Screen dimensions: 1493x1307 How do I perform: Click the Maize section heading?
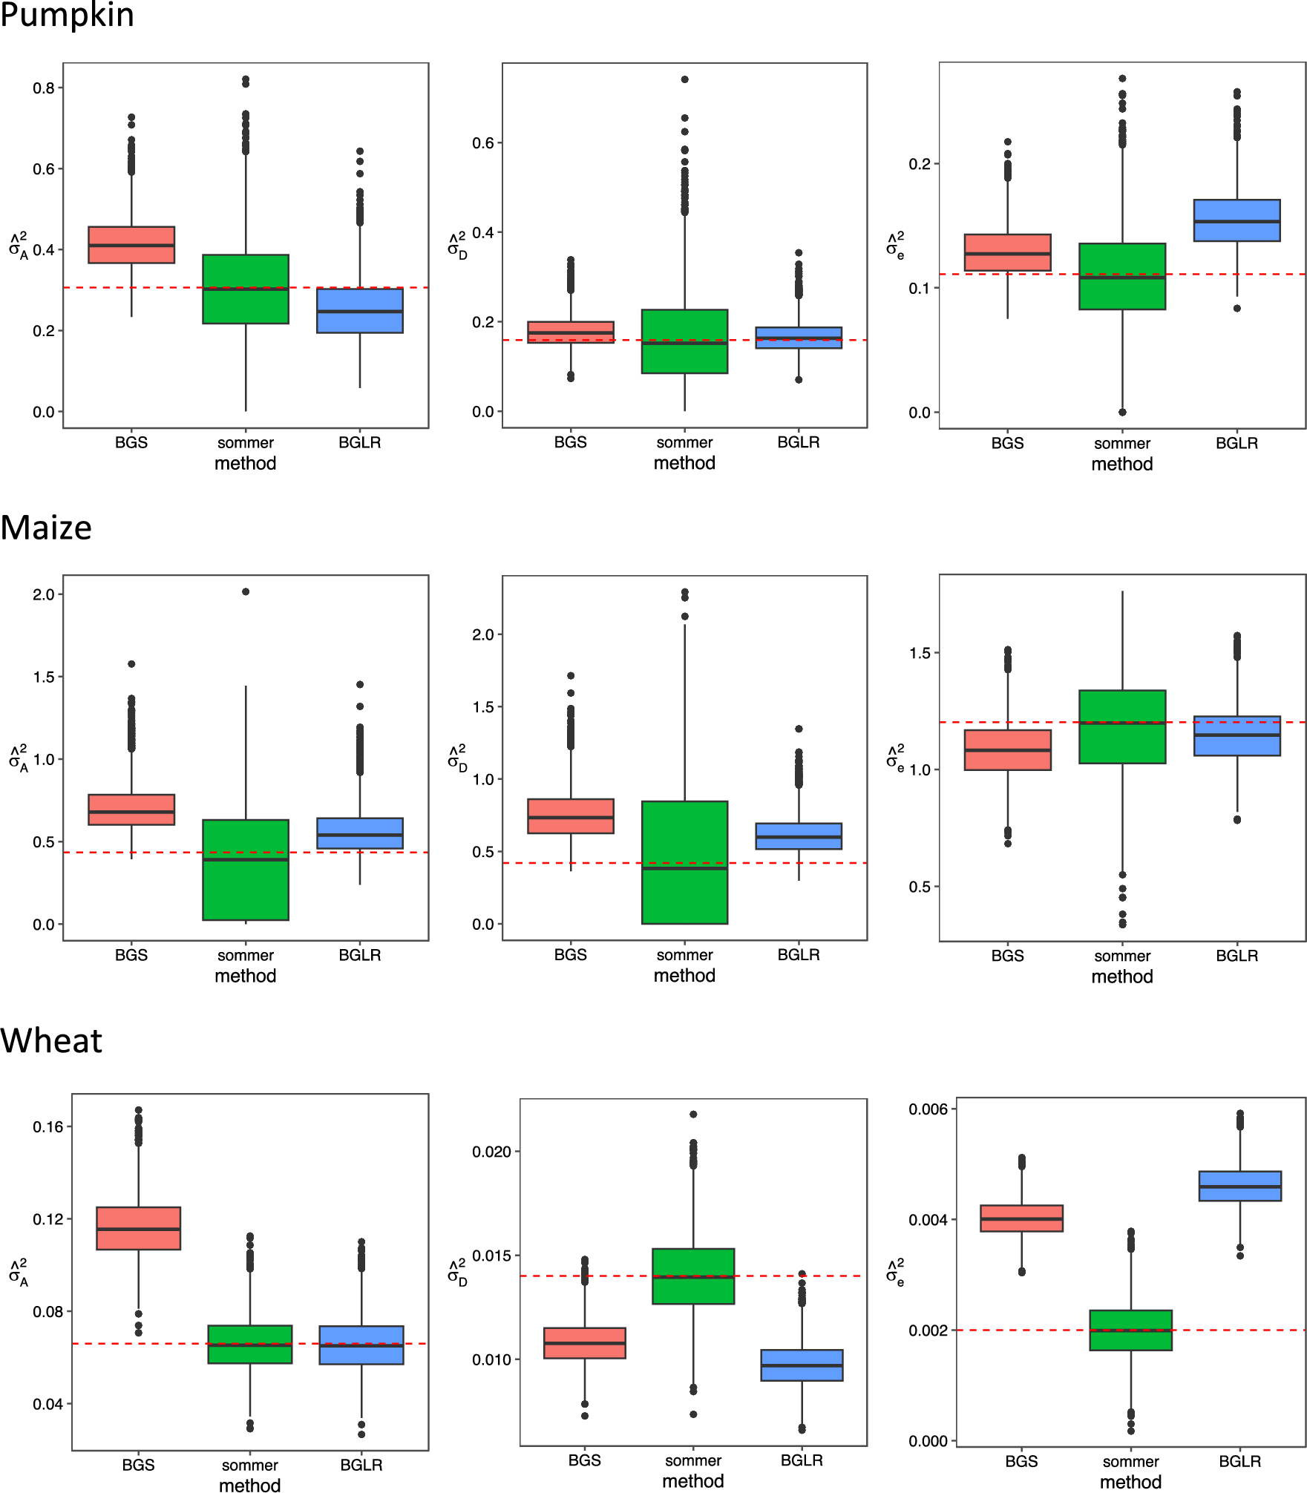(x=46, y=528)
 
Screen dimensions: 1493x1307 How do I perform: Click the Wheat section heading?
(x=51, y=1041)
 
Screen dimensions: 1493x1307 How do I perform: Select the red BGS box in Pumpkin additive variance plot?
(x=131, y=245)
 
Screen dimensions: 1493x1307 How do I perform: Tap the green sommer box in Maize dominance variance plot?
(x=684, y=862)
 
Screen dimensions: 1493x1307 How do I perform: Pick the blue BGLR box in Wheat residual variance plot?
(x=1239, y=1187)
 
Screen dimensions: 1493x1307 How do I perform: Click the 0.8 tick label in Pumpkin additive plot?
(x=43, y=88)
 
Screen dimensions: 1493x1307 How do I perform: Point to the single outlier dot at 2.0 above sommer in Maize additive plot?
(x=246, y=591)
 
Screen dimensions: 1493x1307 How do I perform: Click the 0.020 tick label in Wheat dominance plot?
(x=491, y=1152)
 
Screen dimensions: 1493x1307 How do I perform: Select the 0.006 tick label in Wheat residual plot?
(x=928, y=1109)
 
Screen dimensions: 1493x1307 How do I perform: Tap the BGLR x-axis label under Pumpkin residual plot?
(x=1236, y=443)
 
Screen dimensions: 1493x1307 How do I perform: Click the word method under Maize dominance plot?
(x=684, y=976)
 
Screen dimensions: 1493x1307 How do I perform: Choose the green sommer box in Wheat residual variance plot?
(x=1130, y=1330)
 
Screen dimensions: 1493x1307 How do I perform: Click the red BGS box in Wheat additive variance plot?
(x=139, y=1228)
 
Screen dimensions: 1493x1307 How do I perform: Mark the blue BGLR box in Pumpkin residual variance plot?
(x=1236, y=220)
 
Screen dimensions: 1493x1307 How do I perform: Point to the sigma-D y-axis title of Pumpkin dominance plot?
(x=457, y=245)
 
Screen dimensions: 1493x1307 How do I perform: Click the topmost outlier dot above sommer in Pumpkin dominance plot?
(x=684, y=79)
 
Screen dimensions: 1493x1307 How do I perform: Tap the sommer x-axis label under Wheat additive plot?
(x=249, y=1466)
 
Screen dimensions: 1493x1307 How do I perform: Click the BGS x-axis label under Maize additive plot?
(x=131, y=955)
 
